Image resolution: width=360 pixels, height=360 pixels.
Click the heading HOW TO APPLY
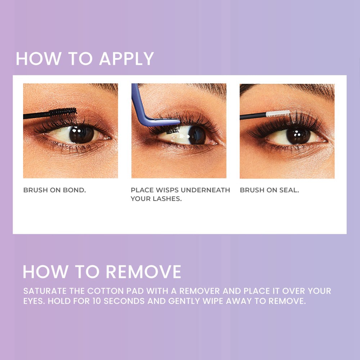[85, 59]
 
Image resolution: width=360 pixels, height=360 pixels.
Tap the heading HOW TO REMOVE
[102, 272]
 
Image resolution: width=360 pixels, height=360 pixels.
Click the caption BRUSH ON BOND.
[54, 190]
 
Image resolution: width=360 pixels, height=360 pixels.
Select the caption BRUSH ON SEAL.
[269, 190]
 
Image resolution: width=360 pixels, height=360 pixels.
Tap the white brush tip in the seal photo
[278, 114]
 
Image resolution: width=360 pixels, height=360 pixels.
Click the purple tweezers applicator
[144, 108]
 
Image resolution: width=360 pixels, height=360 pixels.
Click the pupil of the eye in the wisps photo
[195, 135]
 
